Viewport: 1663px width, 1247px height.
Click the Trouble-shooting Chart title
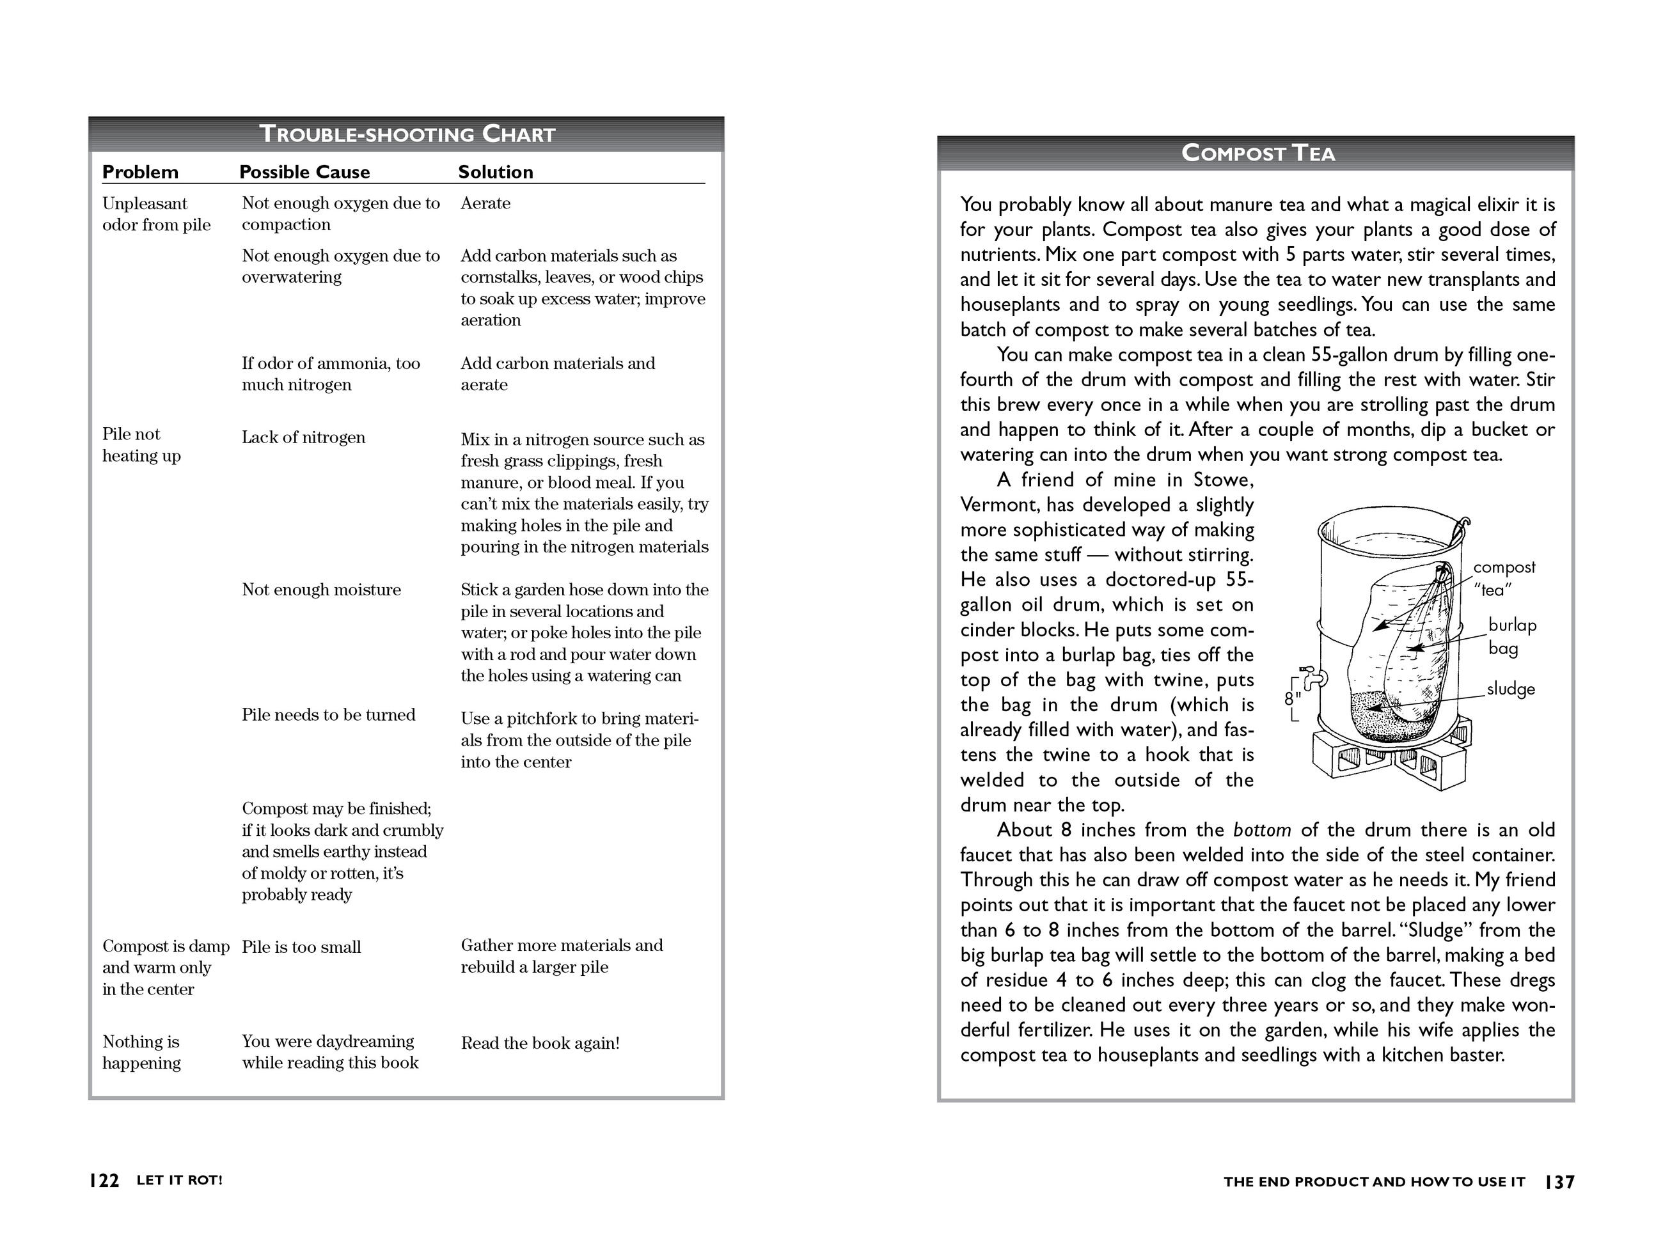click(x=407, y=134)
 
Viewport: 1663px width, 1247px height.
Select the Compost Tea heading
click(x=1257, y=153)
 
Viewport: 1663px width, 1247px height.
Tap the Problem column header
click(x=140, y=172)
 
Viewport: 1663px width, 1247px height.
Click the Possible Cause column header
click(x=304, y=172)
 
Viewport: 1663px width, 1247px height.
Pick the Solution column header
click(x=496, y=172)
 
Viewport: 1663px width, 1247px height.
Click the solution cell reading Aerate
click(x=485, y=203)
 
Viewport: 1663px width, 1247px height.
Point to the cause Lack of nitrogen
click(x=303, y=437)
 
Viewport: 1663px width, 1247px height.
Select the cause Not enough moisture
click(x=321, y=590)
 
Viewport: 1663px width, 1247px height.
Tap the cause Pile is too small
click(x=301, y=947)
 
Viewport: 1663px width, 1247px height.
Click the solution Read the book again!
click(x=540, y=1043)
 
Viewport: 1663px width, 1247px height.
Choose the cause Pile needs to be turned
click(x=327, y=715)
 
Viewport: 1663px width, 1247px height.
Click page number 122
click(x=104, y=1181)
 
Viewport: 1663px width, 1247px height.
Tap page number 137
click(x=1559, y=1182)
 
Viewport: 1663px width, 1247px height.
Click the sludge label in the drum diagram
click(x=1510, y=689)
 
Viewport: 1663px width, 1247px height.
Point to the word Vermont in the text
click(x=998, y=505)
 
